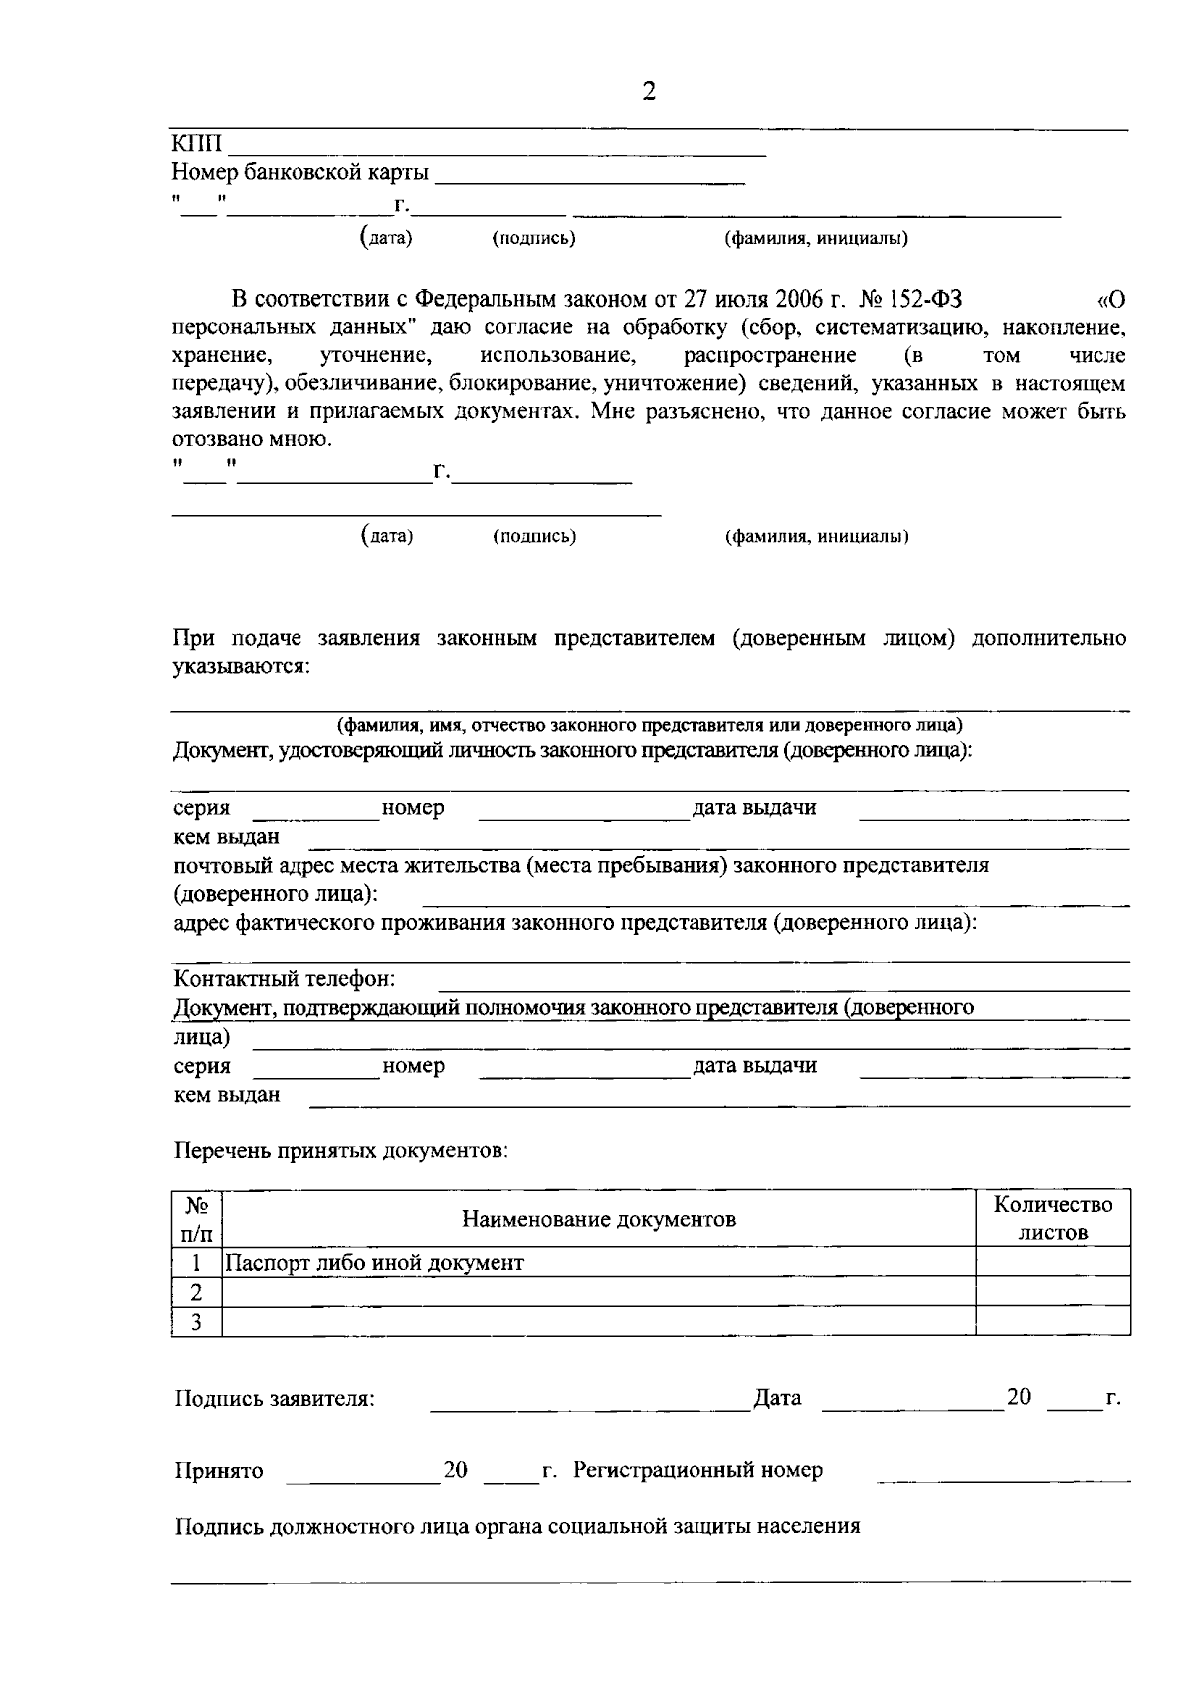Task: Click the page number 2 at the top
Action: click(649, 93)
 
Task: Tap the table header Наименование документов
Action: click(599, 1219)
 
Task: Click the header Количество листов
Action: click(1053, 1218)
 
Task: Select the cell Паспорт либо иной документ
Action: click(375, 1263)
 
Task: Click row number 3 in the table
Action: click(197, 1322)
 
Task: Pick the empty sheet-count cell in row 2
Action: click(1053, 1292)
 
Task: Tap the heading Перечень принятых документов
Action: click(341, 1151)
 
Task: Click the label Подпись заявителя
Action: click(275, 1399)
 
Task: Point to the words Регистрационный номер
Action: click(697, 1470)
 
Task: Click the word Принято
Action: click(219, 1471)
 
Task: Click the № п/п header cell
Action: click(197, 1219)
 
